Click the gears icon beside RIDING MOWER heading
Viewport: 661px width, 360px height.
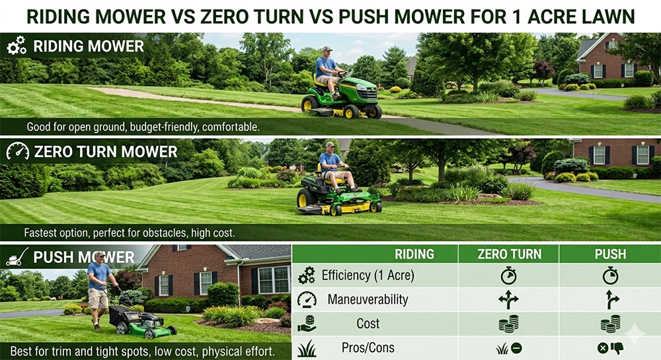point(17,46)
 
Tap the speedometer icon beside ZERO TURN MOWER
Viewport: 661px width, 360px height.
point(17,151)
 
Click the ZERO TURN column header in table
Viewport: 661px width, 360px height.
point(509,254)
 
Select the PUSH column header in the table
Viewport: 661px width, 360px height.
point(609,254)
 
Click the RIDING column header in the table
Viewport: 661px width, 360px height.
point(414,254)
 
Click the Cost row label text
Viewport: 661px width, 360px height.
point(368,324)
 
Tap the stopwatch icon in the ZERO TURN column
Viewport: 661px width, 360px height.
point(509,275)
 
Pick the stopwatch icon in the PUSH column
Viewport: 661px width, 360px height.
point(609,275)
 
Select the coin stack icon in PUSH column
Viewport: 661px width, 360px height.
point(609,324)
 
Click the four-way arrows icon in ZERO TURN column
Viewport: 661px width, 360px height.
point(509,299)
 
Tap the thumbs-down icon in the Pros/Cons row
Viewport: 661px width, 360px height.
point(617,347)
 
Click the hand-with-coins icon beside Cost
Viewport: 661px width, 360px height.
point(307,324)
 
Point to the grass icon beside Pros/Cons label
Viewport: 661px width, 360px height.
point(307,347)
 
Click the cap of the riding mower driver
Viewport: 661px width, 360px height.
point(327,49)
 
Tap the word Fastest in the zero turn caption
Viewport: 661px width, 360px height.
point(45,233)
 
